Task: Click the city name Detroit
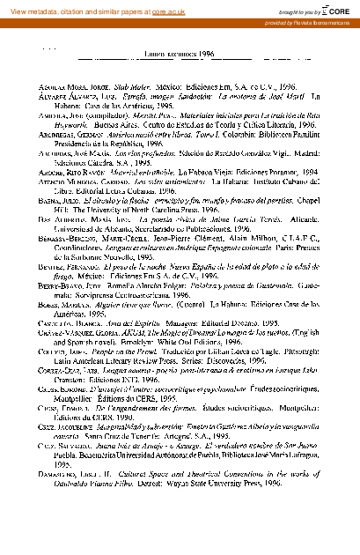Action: coord(164,509)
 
